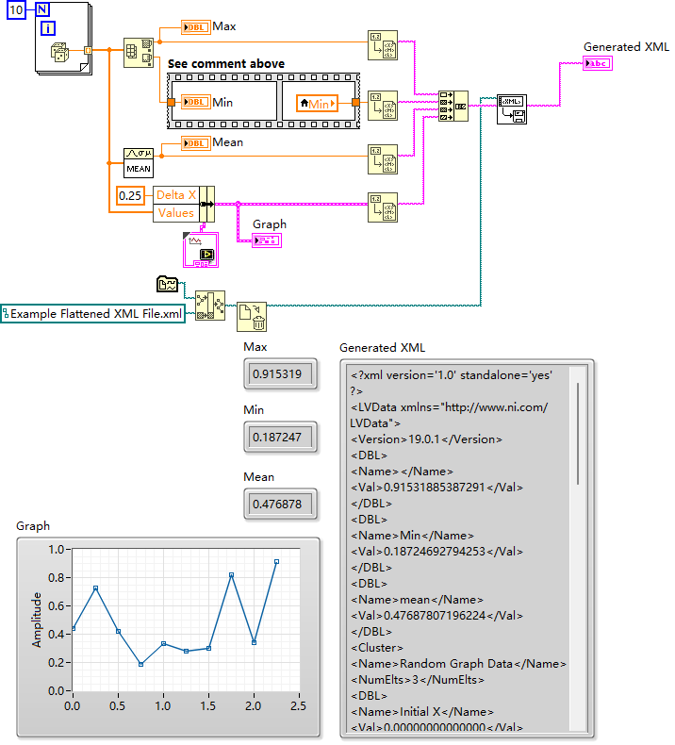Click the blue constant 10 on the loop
tap(17, 9)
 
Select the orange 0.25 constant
tap(131, 195)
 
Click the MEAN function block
tap(138, 161)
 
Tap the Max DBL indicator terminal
tap(196, 26)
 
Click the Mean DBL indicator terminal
tap(196, 142)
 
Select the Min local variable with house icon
tap(317, 103)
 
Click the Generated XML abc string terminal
tap(598, 63)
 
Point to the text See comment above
tap(226, 64)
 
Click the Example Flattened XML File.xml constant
tap(92, 314)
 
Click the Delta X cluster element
tap(175, 195)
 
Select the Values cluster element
tap(175, 213)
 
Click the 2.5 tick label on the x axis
tap(299, 705)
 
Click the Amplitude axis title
tap(38, 619)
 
